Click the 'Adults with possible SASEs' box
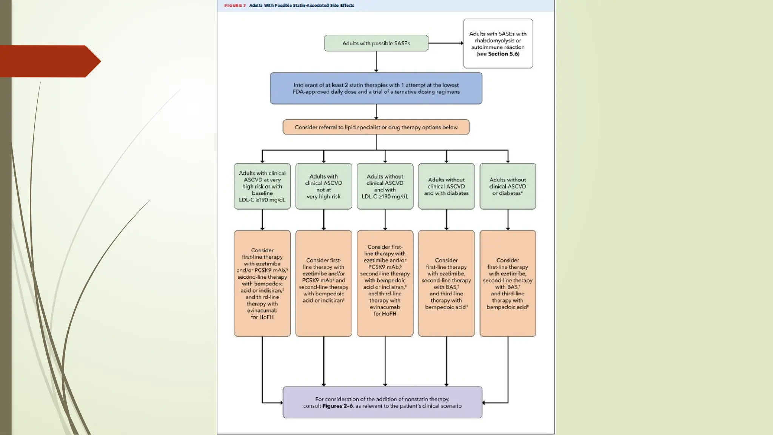pyautogui.click(x=376, y=43)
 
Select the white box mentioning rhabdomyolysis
pyautogui.click(x=498, y=43)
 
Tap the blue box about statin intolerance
pyautogui.click(x=376, y=88)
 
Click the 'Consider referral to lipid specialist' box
pyautogui.click(x=376, y=127)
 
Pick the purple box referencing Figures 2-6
pyautogui.click(x=382, y=402)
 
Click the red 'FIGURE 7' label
pyautogui.click(x=235, y=6)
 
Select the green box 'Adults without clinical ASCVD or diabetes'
pyautogui.click(x=507, y=186)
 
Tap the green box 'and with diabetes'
pyautogui.click(x=446, y=186)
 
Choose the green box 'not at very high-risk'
pyautogui.click(x=323, y=186)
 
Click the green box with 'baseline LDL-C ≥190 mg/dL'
pyautogui.click(x=262, y=186)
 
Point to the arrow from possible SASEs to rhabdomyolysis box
pyautogui.click(x=445, y=43)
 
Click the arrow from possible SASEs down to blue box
pyautogui.click(x=376, y=61)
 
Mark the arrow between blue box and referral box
pyautogui.click(x=376, y=112)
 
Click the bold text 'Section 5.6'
pyautogui.click(x=503, y=54)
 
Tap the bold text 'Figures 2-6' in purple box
pyautogui.click(x=337, y=406)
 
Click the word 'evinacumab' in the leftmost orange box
pyautogui.click(x=262, y=310)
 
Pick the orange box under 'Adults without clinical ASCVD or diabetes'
pyautogui.click(x=507, y=283)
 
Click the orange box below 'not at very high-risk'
pyautogui.click(x=323, y=283)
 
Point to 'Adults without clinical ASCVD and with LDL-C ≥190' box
pyautogui.click(x=385, y=186)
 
